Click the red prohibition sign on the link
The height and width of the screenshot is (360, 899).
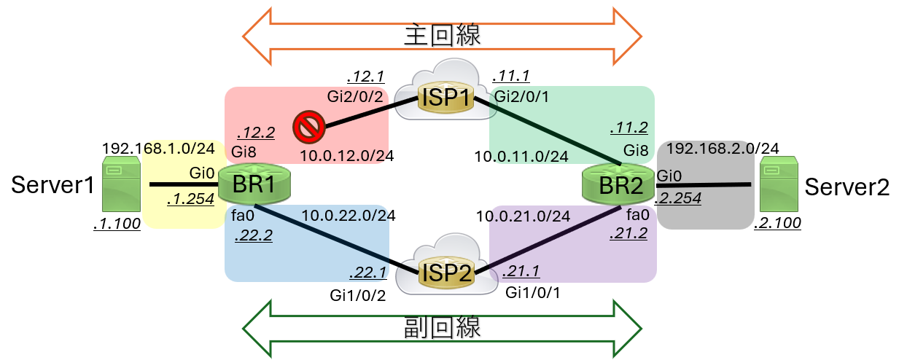tap(308, 129)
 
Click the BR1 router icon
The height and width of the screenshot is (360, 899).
tap(253, 184)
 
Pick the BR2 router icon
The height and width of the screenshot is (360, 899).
tap(618, 184)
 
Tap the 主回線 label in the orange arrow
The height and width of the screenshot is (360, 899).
tap(443, 34)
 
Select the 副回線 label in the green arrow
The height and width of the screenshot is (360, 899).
tap(443, 325)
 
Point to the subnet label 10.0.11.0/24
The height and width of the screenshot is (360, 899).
tap(521, 155)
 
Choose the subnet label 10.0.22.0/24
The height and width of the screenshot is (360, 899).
tap(349, 215)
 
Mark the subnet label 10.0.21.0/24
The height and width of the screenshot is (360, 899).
tap(523, 216)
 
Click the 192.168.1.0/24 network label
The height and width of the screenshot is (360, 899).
tap(159, 147)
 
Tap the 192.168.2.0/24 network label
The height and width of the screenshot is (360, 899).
tap(723, 149)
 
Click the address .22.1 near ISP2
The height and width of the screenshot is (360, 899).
tap(367, 272)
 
